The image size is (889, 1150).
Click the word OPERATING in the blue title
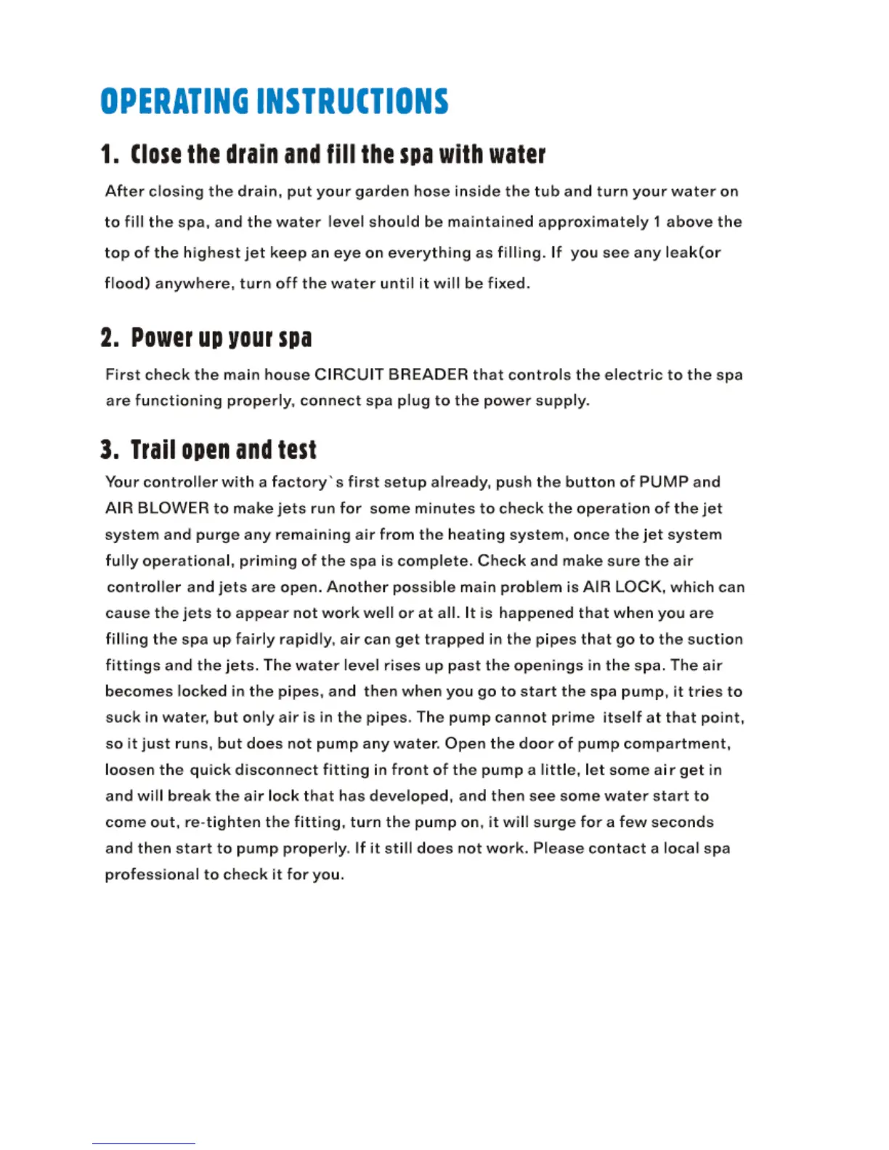(174, 102)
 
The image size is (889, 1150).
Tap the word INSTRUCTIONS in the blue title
(352, 102)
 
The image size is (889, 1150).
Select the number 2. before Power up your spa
(110, 338)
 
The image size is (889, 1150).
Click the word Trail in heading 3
(153, 450)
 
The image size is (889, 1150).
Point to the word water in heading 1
(517, 155)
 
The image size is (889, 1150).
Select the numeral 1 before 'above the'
(657, 222)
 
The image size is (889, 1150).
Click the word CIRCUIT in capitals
(348, 375)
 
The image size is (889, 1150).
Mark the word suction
(715, 639)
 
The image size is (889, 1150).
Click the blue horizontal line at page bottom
(143, 1143)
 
